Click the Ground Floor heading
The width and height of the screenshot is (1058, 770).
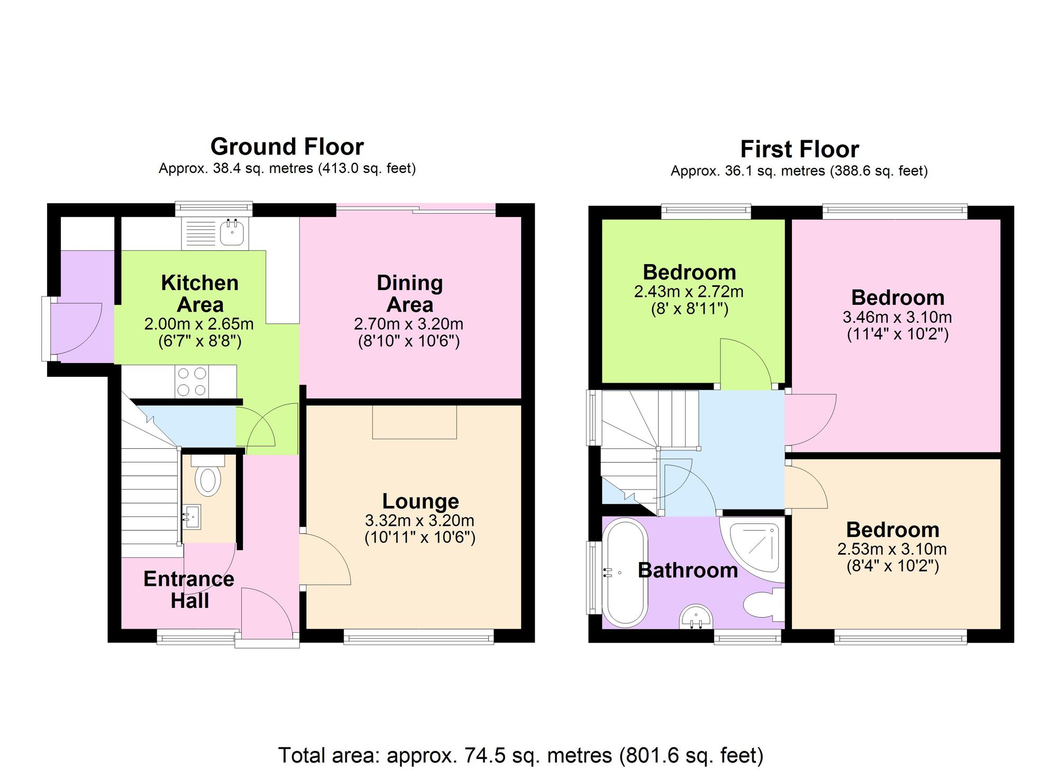coord(287,147)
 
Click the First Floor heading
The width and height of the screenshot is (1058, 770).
coord(799,149)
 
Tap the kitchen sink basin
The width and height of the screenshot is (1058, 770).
coord(232,233)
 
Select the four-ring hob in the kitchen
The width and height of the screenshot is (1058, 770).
coord(191,382)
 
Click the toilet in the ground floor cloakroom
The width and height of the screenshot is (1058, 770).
coord(208,479)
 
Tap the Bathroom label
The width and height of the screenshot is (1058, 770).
coord(687,570)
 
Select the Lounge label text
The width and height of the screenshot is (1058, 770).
coord(420,501)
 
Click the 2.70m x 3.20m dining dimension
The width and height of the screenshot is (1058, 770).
coord(408,324)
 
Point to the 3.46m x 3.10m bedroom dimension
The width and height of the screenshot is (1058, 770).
coord(897,318)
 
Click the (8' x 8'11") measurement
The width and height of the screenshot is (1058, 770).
coord(689,309)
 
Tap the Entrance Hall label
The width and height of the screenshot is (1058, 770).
coord(189,590)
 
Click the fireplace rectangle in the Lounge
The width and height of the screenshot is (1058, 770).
coord(414,422)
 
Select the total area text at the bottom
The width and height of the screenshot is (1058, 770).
coord(521,755)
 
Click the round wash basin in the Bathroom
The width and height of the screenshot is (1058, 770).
coord(696,617)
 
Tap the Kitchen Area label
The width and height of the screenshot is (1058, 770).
coord(199,294)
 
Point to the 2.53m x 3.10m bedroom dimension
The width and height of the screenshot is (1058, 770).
coord(892,549)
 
